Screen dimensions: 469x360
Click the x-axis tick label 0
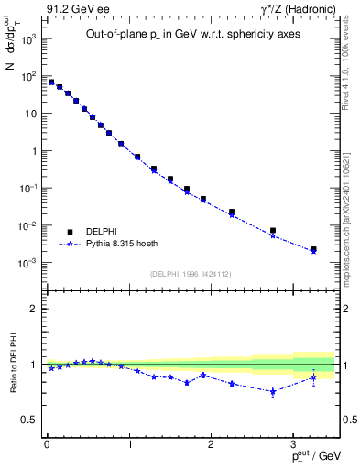click(47, 444)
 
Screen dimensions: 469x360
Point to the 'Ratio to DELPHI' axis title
click(12, 364)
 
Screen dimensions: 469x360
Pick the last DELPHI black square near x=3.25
click(313, 249)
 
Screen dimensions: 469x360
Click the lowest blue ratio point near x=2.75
click(272, 391)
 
